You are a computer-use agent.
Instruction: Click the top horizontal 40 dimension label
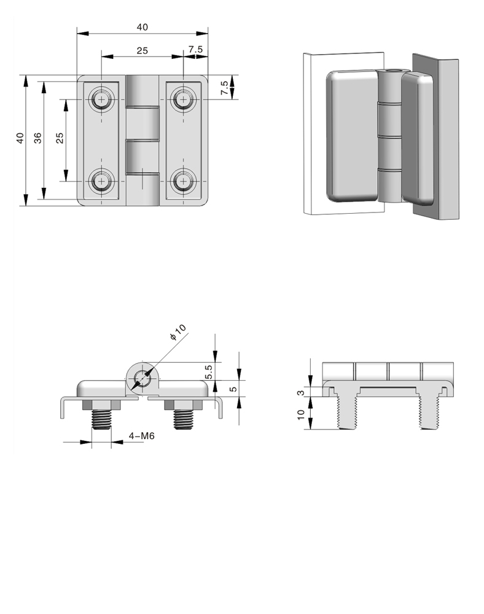[142, 27]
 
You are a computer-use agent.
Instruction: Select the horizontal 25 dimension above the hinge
[142, 50]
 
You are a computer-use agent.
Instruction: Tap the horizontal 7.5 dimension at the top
[195, 49]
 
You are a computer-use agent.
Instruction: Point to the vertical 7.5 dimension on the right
[224, 87]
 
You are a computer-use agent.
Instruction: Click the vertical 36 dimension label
[37, 138]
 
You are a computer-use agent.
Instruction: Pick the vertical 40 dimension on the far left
[20, 138]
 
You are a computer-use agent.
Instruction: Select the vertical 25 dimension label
[60, 138]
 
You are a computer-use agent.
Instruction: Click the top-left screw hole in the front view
[102, 99]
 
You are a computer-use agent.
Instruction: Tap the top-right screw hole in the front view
[183, 99]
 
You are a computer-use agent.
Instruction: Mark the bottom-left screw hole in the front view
[102, 181]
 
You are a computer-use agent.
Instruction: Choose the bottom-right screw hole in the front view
[183, 181]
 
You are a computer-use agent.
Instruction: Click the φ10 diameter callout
[178, 332]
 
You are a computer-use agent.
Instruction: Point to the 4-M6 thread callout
[142, 435]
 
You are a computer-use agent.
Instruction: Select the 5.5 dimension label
[209, 371]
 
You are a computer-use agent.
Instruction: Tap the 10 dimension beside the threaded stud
[301, 414]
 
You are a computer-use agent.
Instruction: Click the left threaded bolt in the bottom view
[102, 419]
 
